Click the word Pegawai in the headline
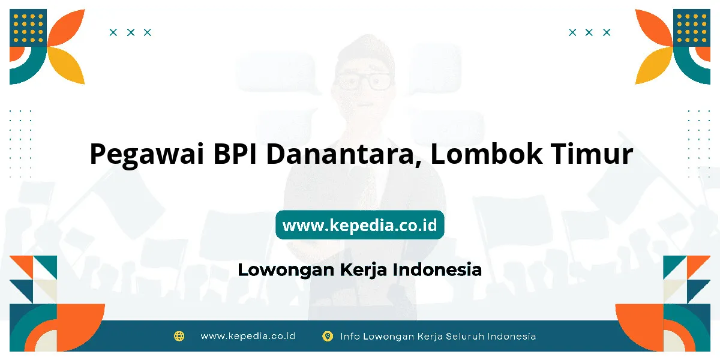147,155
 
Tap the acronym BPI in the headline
235,154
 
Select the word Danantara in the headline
344,155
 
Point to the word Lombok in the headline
485,154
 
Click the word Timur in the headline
592,154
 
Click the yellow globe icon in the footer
179,336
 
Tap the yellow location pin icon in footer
328,337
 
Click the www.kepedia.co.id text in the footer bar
248,336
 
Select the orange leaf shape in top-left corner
66,28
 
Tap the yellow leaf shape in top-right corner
654,65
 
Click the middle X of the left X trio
131,32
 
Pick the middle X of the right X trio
589,32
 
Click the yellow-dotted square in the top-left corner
28,28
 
